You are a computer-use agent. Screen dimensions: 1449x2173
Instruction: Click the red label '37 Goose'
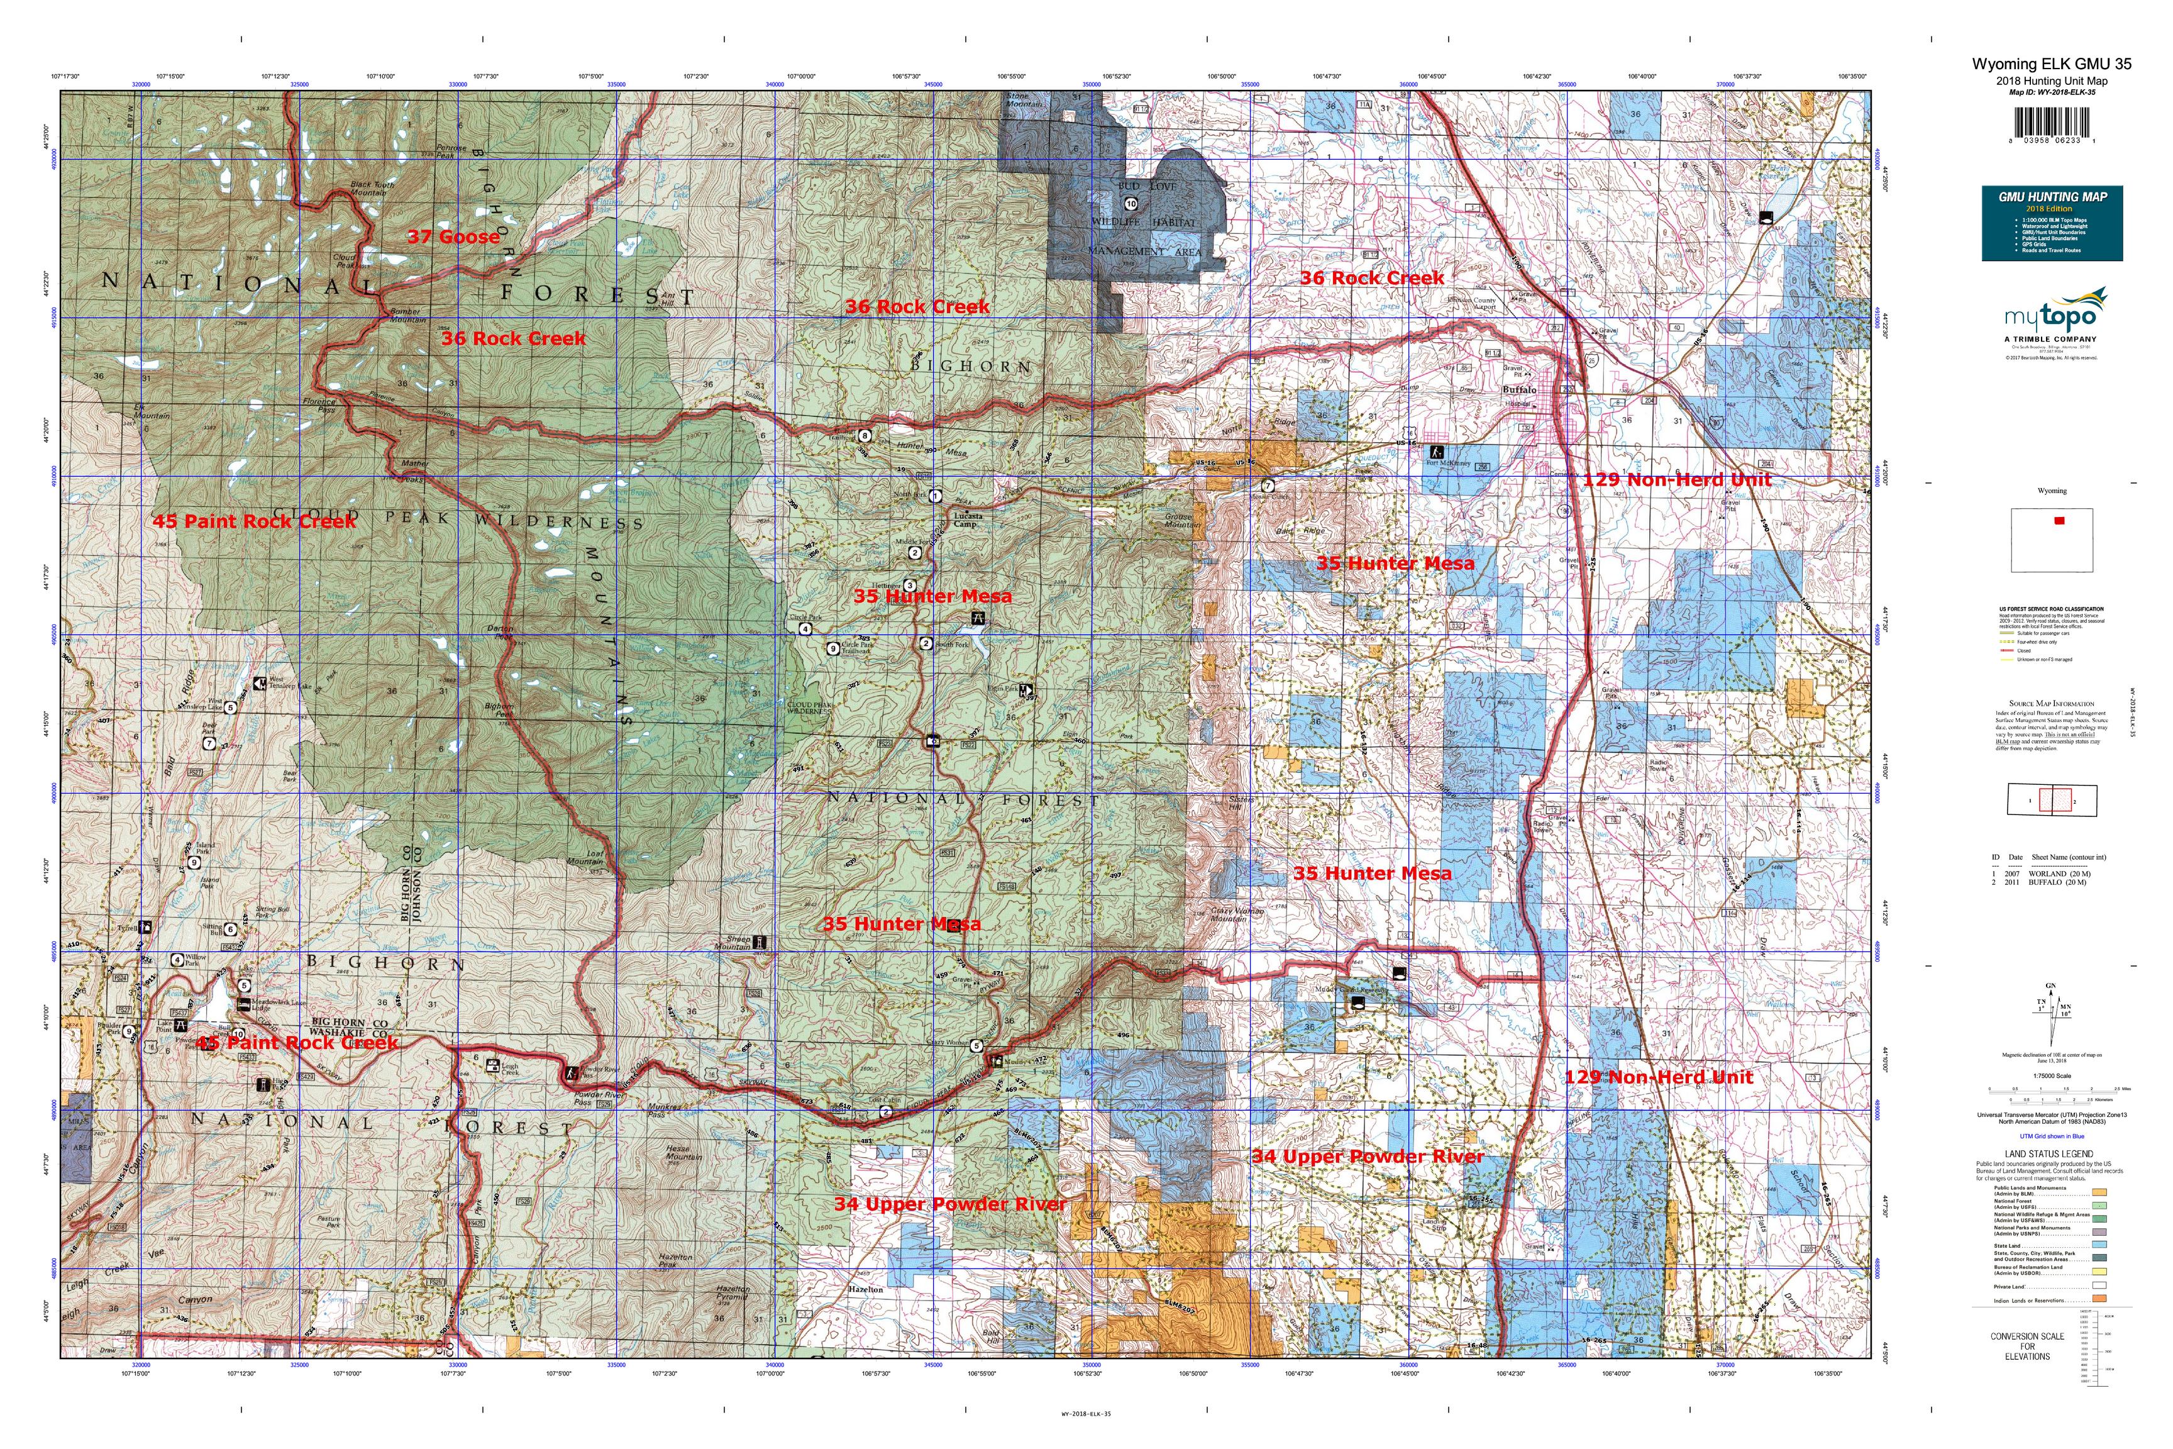(453, 236)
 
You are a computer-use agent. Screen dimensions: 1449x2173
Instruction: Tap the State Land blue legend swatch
(2099, 1246)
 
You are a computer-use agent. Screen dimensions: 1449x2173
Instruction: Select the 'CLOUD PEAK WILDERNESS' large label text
(407, 519)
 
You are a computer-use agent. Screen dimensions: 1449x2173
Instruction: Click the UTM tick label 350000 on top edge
(1091, 84)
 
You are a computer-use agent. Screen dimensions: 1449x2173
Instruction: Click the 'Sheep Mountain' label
(733, 943)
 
